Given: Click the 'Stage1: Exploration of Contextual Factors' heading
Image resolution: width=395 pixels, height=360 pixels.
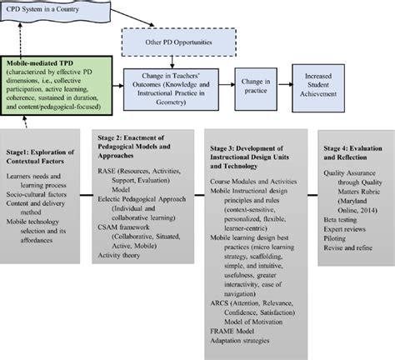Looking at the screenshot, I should point(52,157).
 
